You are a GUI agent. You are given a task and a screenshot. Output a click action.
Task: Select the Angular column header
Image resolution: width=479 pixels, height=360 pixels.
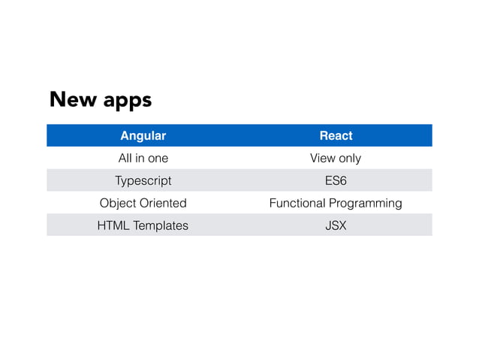pos(143,136)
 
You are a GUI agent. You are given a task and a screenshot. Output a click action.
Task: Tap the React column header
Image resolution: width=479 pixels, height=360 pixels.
pos(336,136)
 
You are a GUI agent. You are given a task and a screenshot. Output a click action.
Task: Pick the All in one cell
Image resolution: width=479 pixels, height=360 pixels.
pos(143,159)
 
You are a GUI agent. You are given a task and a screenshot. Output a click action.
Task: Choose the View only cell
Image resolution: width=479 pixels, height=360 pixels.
pos(336,159)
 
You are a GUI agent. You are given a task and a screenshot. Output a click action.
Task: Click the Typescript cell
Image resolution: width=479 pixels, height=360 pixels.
pos(143,181)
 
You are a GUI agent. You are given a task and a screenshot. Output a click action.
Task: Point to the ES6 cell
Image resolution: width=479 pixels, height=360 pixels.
pos(336,181)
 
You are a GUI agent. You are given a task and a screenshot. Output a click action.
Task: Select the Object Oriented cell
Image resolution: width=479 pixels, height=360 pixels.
pos(143,203)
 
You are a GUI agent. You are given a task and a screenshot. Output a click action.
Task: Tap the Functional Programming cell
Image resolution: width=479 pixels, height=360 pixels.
pos(336,203)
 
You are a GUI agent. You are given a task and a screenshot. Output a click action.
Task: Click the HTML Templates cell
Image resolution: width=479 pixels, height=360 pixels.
pos(143,225)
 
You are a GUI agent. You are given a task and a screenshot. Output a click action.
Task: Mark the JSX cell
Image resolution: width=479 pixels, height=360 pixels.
pos(336,225)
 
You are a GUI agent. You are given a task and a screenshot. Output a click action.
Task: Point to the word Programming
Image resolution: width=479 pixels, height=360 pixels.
pos(366,204)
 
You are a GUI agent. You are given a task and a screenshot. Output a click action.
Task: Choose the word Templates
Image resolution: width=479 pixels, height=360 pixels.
pos(161,225)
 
